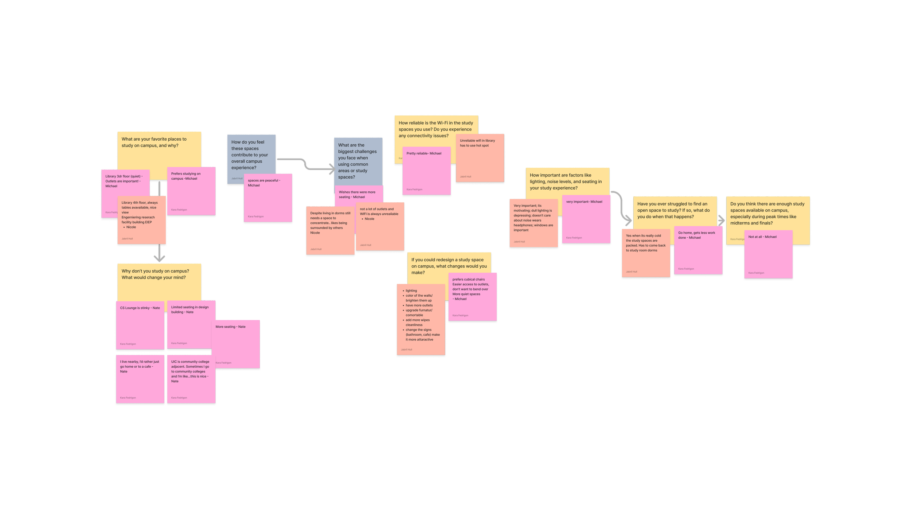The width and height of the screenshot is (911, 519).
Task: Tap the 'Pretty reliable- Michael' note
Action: pos(426,171)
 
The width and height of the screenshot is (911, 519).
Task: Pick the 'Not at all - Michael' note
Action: pos(768,254)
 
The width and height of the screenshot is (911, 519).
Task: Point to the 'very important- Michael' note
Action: pos(586,219)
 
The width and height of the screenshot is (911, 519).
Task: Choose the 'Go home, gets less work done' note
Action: pos(698,250)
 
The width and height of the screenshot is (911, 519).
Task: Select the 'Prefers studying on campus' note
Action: pos(191,191)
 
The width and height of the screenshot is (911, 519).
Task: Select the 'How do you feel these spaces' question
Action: pos(251,155)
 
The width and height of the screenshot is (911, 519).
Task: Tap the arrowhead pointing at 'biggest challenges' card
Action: pos(331,168)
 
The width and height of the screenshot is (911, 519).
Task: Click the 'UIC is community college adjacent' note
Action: pos(191,379)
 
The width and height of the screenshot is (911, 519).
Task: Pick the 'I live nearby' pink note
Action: pos(140,379)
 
